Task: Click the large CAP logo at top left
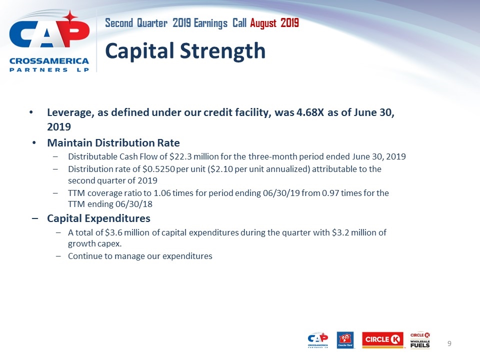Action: tap(49, 41)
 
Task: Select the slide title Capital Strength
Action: tap(185, 51)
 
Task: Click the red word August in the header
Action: tap(263, 23)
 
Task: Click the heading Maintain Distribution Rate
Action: tap(113, 142)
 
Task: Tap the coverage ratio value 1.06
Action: tap(162, 193)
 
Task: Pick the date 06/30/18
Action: tap(135, 204)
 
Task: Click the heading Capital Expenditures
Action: tap(98, 218)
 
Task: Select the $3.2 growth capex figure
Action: tap(340, 232)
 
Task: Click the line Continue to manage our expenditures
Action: tap(140, 256)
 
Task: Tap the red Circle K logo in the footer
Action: tap(382, 340)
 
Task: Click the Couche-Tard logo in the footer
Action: tap(345, 340)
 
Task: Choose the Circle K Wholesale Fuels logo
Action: tap(420, 340)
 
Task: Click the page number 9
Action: tap(449, 343)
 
